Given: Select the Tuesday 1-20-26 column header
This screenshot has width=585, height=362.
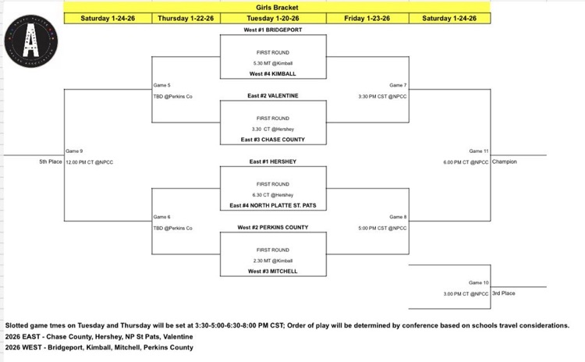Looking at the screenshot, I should [273, 18].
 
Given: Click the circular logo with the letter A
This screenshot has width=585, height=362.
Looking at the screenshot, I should [32, 41].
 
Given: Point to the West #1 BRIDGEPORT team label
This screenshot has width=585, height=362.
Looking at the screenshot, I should [273, 29].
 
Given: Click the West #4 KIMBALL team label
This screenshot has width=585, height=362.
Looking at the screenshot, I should [273, 73].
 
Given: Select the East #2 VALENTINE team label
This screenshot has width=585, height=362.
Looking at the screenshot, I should [273, 95].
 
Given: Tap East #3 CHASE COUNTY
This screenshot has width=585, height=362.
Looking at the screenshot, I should [273, 140].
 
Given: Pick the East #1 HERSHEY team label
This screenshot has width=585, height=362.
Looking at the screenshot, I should [273, 161].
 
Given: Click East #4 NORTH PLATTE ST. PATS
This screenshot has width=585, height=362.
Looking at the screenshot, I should [273, 206].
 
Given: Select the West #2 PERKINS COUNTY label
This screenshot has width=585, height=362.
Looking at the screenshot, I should [273, 228].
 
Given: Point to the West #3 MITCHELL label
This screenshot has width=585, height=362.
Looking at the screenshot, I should [273, 271].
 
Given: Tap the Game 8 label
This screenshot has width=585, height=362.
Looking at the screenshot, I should [398, 217].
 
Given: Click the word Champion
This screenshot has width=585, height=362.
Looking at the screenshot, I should [505, 162].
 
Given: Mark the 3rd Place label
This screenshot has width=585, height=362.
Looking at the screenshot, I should [503, 293].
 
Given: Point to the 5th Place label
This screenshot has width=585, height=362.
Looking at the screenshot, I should [50, 162].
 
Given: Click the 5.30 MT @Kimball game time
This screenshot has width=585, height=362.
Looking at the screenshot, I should [273, 62].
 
